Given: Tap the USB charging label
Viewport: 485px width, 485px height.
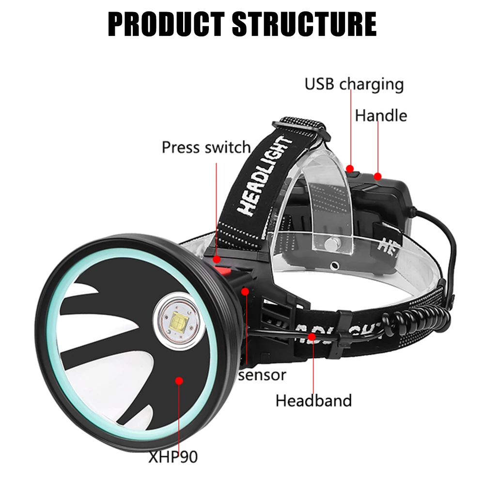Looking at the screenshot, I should tap(354, 84).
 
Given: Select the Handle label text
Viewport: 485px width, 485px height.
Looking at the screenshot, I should tap(381, 116).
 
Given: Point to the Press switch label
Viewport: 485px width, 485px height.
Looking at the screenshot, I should tap(206, 147).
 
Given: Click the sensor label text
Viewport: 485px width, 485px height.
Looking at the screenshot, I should tap(262, 375).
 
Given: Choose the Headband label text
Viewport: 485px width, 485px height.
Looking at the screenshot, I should tap(313, 401).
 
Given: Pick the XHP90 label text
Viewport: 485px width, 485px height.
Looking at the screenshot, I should tap(174, 456).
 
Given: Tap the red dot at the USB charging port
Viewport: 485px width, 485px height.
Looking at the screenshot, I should tap(350, 168).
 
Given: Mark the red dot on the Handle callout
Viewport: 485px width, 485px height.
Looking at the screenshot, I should tap(377, 176).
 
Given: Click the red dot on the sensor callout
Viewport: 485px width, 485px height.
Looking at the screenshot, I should tap(246, 291).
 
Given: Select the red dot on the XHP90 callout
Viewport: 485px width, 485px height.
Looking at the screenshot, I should tap(179, 381).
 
